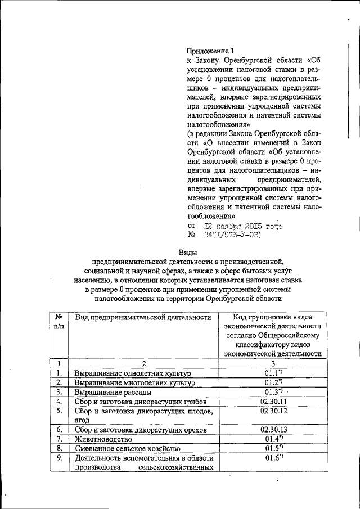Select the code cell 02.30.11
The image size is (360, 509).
tap(273, 401)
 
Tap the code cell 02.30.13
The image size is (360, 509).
tap(273, 429)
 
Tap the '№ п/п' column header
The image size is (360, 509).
tap(58, 322)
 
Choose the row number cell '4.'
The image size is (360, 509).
tap(58, 401)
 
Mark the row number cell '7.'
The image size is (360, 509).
tap(58, 439)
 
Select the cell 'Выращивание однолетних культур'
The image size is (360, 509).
tap(133, 373)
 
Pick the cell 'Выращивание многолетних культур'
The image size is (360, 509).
tap(134, 382)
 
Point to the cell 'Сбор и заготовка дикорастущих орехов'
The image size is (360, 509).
tap(141, 430)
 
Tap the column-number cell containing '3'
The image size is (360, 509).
tap(273, 363)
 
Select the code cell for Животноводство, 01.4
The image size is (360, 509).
tap(273, 439)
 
